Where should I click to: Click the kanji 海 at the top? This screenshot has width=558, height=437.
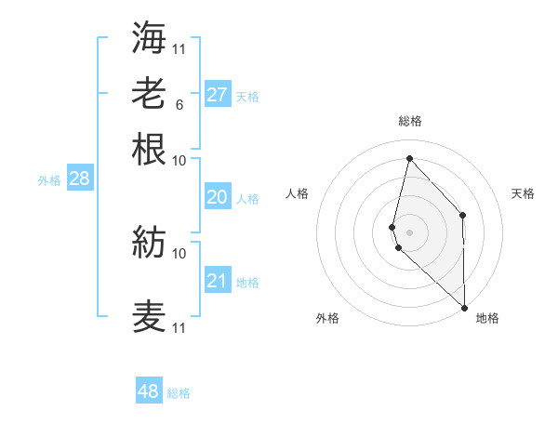point(149,37)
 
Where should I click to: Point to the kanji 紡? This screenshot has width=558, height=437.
point(149,242)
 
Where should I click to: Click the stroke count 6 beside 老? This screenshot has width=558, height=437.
point(179,104)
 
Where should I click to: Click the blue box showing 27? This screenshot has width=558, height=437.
point(217,94)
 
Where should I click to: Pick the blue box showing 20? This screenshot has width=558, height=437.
point(217,197)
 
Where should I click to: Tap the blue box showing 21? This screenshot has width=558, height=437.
point(217,281)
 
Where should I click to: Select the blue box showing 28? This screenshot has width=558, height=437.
point(79,179)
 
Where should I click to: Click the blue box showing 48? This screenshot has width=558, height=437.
point(149,391)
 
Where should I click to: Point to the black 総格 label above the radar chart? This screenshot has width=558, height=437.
point(409,121)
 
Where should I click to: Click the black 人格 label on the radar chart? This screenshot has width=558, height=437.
point(298,193)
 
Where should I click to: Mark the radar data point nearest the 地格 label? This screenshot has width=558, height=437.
point(465,307)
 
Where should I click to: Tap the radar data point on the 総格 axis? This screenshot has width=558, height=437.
point(409,158)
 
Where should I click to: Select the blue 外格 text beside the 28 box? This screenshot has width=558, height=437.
point(49,180)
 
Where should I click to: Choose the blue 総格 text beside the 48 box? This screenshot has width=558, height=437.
point(179,393)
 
